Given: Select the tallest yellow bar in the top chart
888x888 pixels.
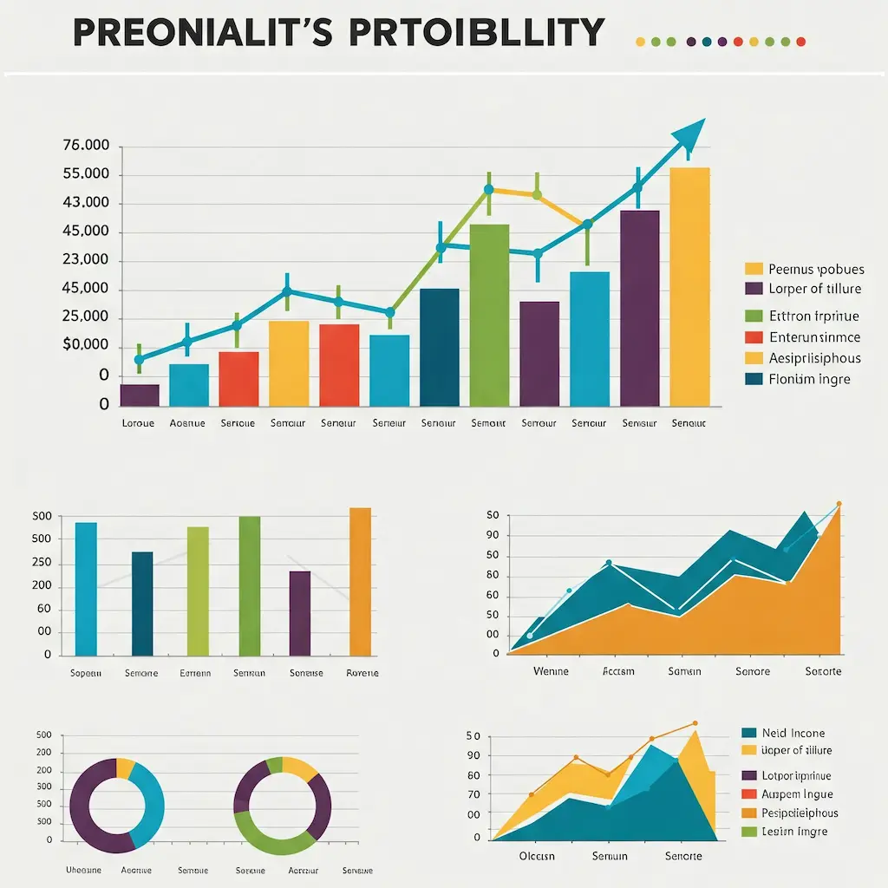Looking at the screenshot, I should click(x=689, y=286).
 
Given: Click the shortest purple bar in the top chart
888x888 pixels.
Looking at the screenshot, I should click(x=140, y=395).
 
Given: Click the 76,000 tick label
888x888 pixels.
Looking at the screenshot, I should click(x=87, y=146).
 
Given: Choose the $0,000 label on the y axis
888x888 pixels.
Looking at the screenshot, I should click(x=87, y=346).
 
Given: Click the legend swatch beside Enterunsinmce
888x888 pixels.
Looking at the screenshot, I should click(x=754, y=337).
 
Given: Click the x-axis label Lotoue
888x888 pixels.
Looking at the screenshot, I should click(x=138, y=424).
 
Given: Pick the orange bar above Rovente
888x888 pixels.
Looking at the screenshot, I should click(x=360, y=581).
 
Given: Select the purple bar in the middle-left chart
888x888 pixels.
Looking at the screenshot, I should click(x=299, y=612).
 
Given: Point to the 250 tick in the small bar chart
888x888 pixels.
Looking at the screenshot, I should click(x=41, y=562).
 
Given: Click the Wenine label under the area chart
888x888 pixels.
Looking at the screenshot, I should click(x=550, y=671).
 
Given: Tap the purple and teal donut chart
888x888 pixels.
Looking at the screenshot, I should click(x=117, y=804).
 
